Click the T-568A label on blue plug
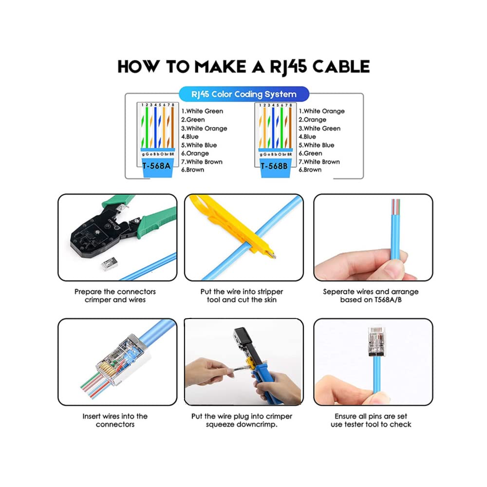point(157,166)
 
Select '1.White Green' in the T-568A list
point(202,111)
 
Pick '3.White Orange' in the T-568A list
point(204,128)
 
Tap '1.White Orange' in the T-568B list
point(321,111)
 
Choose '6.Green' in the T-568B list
point(310,153)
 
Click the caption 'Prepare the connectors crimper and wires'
point(115,296)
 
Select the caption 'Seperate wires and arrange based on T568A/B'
point(371,296)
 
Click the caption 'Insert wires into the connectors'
point(115,420)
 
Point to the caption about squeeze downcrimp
point(242,420)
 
